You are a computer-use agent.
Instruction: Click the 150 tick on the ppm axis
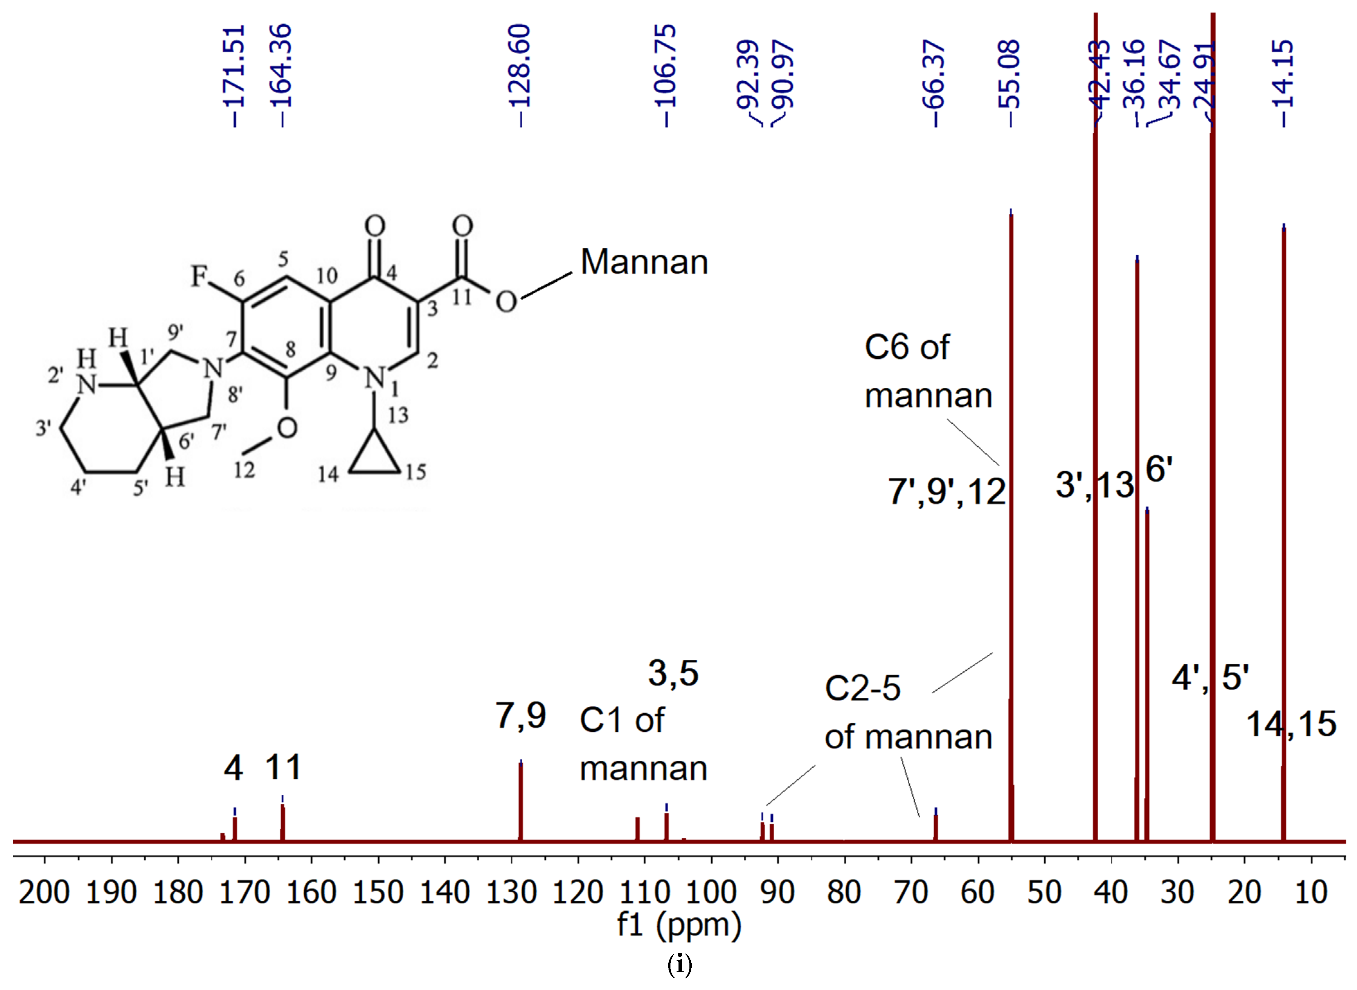(x=377, y=893)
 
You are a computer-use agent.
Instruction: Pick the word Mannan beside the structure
(x=644, y=262)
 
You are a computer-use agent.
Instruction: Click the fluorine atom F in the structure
(x=200, y=277)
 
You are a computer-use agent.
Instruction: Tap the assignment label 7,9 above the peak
(x=520, y=716)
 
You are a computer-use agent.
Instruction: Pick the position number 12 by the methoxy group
(x=244, y=470)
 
